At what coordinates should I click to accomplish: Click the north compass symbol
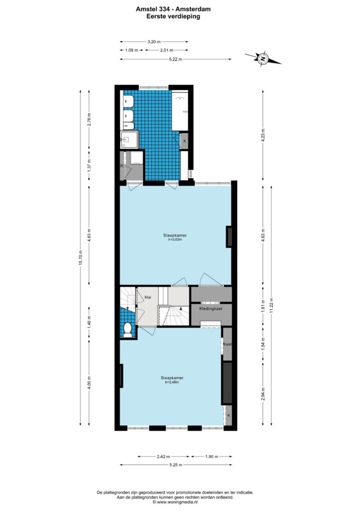coord(263,59)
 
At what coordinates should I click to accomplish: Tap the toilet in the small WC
coord(128,330)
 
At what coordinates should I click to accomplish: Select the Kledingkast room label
coord(211,308)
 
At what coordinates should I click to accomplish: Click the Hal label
coord(148,297)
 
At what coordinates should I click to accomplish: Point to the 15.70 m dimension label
coord(81,258)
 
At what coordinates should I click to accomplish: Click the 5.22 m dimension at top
coord(176,59)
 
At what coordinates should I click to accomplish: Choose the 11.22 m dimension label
coord(271,306)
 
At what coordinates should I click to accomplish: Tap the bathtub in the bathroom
coord(180,110)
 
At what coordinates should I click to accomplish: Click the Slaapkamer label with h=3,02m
coord(175,237)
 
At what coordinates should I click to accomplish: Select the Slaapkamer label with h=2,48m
coord(172,380)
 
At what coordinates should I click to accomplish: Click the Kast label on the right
coord(227,344)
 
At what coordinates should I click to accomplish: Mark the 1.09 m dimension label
coord(132,50)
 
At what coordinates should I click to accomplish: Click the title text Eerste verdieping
coord(173,16)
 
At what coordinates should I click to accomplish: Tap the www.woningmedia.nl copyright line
coord(175,502)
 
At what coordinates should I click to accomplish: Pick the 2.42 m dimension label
coord(164,457)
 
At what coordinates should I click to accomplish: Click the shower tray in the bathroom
coord(130,140)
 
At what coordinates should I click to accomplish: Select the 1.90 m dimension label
coord(211,457)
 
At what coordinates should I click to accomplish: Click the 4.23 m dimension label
coord(263,134)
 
